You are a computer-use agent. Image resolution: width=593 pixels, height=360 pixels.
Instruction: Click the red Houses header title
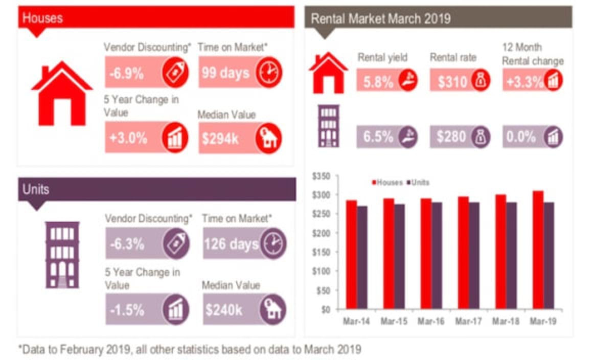tap(43, 18)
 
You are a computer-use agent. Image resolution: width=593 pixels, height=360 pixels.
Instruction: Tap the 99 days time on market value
tap(225, 73)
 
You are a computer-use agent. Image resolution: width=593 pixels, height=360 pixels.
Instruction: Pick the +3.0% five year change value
tap(128, 138)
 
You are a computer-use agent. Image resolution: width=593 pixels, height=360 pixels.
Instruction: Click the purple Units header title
tap(36, 189)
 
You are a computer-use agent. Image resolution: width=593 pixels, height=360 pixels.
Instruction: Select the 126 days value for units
tap(231, 244)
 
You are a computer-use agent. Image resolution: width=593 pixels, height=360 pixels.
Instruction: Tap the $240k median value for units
tap(224, 310)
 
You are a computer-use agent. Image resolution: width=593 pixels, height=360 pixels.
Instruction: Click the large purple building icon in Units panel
tap(62, 254)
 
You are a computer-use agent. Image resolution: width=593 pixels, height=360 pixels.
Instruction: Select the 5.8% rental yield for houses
tap(378, 81)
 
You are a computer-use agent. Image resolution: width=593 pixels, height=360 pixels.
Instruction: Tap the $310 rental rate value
tap(452, 81)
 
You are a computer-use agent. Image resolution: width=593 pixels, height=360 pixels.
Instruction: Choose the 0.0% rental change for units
tap(521, 138)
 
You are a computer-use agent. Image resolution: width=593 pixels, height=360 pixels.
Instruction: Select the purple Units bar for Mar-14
tap(362, 258)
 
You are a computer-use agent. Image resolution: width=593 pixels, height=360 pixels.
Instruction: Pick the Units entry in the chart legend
tap(419, 183)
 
